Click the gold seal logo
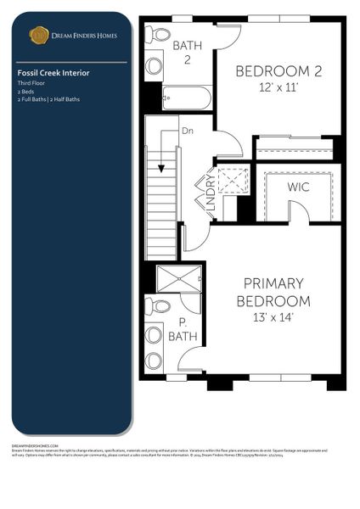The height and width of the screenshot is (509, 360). (x=38, y=35)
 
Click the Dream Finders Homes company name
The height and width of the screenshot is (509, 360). (x=84, y=36)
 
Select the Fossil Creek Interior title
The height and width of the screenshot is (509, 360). (x=53, y=73)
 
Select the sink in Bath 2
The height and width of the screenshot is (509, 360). (x=155, y=65)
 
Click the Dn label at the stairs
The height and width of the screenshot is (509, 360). (x=188, y=131)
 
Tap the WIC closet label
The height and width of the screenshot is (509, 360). (x=298, y=185)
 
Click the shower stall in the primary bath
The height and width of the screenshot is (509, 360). (x=179, y=277)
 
